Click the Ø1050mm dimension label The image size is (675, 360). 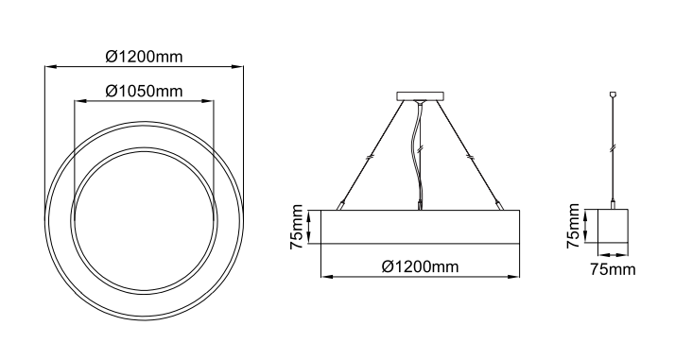tap(145, 92)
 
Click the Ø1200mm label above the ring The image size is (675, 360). tap(145, 57)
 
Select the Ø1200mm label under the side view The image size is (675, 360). tap(420, 266)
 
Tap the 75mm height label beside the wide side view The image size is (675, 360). tap(297, 227)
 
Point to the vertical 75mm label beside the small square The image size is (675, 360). tap(574, 226)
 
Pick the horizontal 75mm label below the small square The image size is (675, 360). tap(613, 269)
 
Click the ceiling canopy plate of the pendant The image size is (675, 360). tap(420, 96)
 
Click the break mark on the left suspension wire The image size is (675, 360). tap(370, 158)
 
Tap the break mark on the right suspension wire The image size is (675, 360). tap(471, 158)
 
